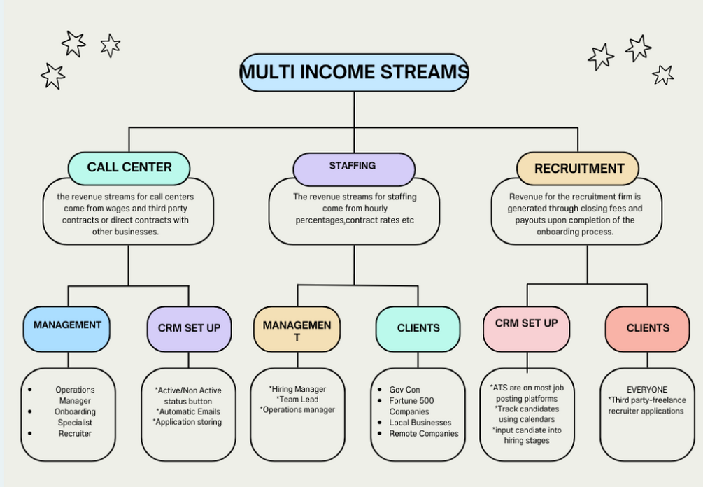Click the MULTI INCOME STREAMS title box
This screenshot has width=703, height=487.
click(x=354, y=72)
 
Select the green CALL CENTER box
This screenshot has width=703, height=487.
click(x=129, y=168)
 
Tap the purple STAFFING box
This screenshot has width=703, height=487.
click(x=353, y=167)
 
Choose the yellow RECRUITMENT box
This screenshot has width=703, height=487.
click(x=578, y=169)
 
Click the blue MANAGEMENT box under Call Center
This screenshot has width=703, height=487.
click(x=67, y=326)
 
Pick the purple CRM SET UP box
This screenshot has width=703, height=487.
click(x=189, y=328)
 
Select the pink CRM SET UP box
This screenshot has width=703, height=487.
click(x=526, y=324)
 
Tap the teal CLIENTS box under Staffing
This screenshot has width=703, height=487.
click(x=418, y=328)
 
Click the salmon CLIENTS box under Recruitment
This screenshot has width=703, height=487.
click(x=647, y=328)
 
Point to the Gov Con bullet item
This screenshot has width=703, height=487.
click(x=404, y=390)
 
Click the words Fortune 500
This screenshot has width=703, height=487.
click(x=413, y=401)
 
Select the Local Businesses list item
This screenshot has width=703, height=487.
click(x=420, y=423)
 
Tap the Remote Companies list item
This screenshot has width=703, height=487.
click(x=424, y=434)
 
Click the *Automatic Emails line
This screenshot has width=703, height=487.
click(x=187, y=411)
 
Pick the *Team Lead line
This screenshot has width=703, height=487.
click(x=297, y=400)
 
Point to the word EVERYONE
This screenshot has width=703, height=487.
click(x=647, y=390)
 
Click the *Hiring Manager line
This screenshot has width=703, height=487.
click(x=297, y=389)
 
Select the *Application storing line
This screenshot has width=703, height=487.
click(x=187, y=422)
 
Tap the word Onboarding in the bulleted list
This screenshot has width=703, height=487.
click(x=75, y=411)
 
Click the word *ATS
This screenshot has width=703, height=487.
click(x=500, y=386)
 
